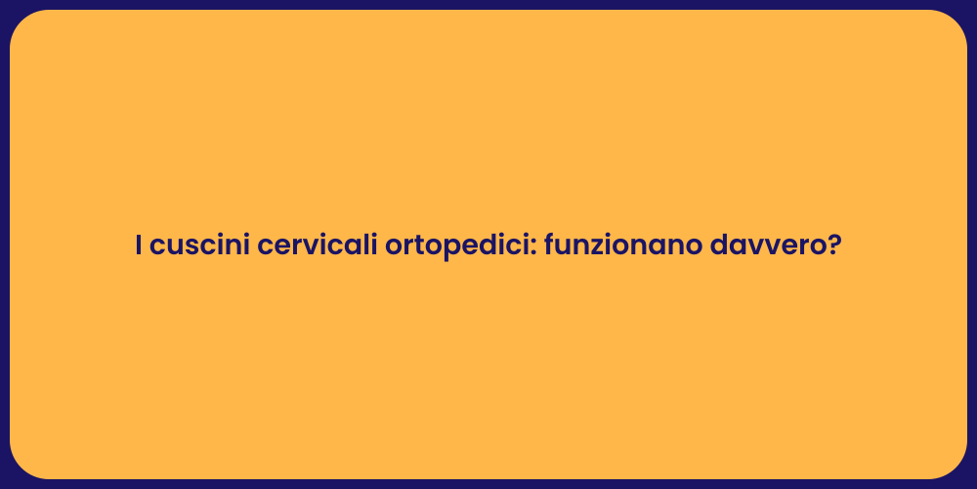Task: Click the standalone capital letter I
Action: coord(140,245)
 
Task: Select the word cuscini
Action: coord(200,245)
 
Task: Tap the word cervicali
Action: coord(318,245)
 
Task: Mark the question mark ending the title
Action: coord(834,245)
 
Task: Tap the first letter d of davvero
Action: coord(720,245)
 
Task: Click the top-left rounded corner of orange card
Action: coord(21,22)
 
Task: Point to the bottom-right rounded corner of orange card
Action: coord(955,467)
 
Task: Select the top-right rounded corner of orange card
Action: coord(955,22)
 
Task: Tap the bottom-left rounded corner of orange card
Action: coord(21,467)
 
